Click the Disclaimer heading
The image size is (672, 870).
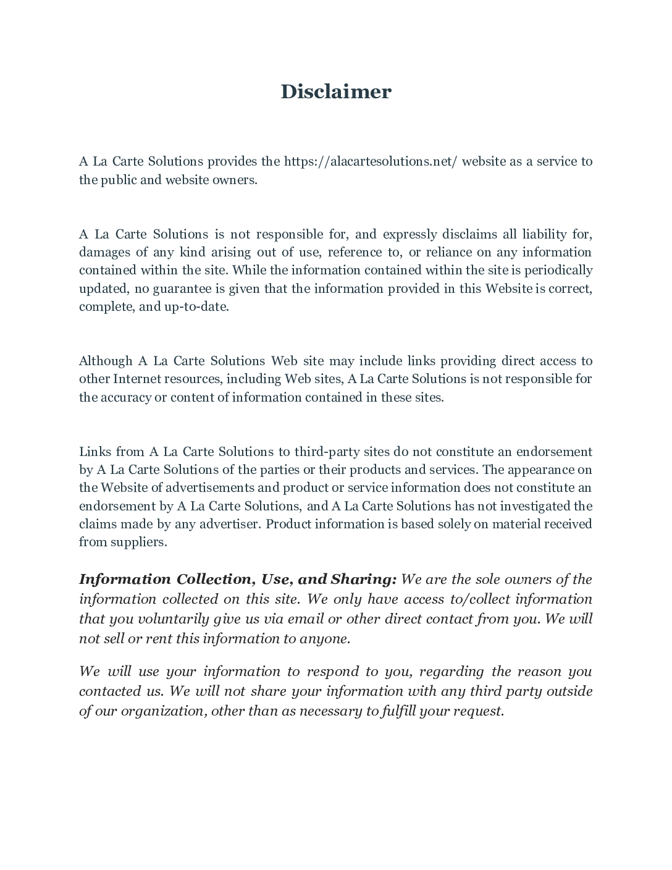pos(336,91)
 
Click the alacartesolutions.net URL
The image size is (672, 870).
pos(370,161)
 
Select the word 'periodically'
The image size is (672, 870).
pos(558,270)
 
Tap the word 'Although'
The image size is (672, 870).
pos(106,361)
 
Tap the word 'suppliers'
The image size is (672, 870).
pos(138,542)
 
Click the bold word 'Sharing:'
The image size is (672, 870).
pos(363,579)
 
